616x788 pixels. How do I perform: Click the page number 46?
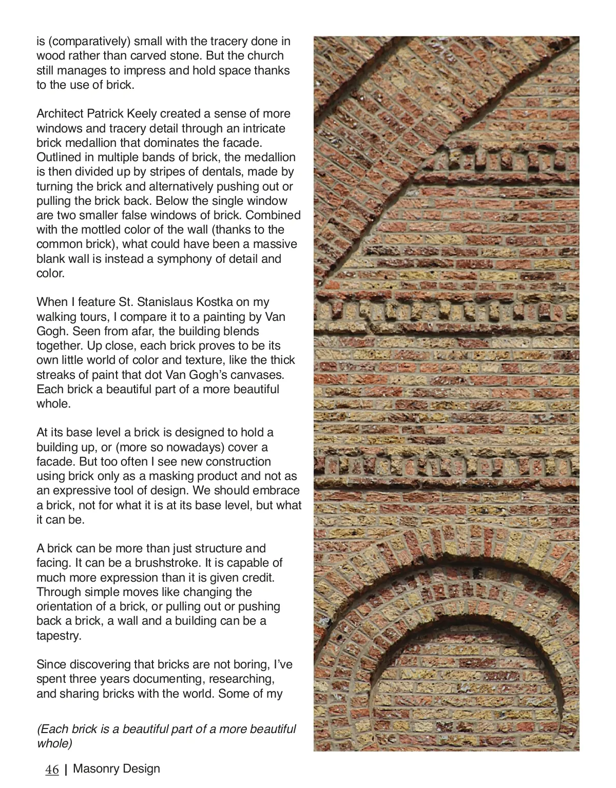click(x=52, y=770)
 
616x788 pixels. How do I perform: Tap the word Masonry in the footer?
click(x=94, y=768)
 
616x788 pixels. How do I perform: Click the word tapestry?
click(x=59, y=636)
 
